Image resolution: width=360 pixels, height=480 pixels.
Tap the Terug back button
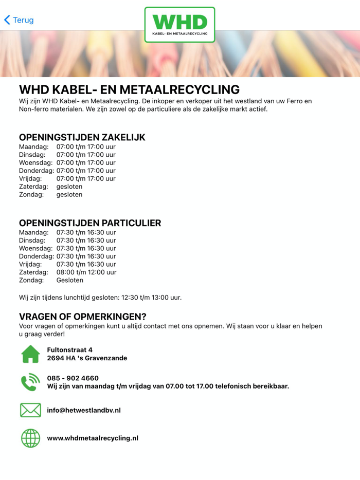click(x=19, y=20)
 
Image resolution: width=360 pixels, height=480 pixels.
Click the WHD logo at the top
click(x=179, y=24)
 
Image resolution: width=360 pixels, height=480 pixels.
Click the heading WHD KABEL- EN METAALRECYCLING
click(x=129, y=89)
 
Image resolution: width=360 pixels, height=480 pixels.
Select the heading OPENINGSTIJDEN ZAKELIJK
click(x=82, y=137)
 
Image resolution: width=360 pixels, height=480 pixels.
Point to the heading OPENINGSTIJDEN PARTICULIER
click(x=89, y=223)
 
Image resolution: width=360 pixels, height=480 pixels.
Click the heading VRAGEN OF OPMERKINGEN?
click(x=82, y=317)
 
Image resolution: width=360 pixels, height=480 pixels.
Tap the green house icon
click(x=30, y=354)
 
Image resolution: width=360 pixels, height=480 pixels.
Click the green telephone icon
click(x=30, y=382)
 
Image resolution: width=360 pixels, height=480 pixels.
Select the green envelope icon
click(x=30, y=410)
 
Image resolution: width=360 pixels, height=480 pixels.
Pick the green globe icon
click(x=30, y=438)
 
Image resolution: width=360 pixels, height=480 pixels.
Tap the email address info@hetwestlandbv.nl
click(x=83, y=410)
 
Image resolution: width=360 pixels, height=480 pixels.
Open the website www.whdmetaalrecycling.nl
click(x=93, y=438)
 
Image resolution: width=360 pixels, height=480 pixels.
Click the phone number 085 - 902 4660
click(x=73, y=378)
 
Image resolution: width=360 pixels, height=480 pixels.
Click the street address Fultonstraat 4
click(x=69, y=350)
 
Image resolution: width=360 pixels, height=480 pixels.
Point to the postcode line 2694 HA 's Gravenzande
click(x=87, y=358)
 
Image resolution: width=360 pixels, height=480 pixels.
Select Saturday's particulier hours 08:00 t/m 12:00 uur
click(x=86, y=272)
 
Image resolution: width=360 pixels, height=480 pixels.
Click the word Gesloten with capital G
click(x=69, y=281)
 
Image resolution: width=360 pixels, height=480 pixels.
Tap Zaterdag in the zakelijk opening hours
click(x=33, y=187)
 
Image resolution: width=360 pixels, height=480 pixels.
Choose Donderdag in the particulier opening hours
click(x=36, y=256)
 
